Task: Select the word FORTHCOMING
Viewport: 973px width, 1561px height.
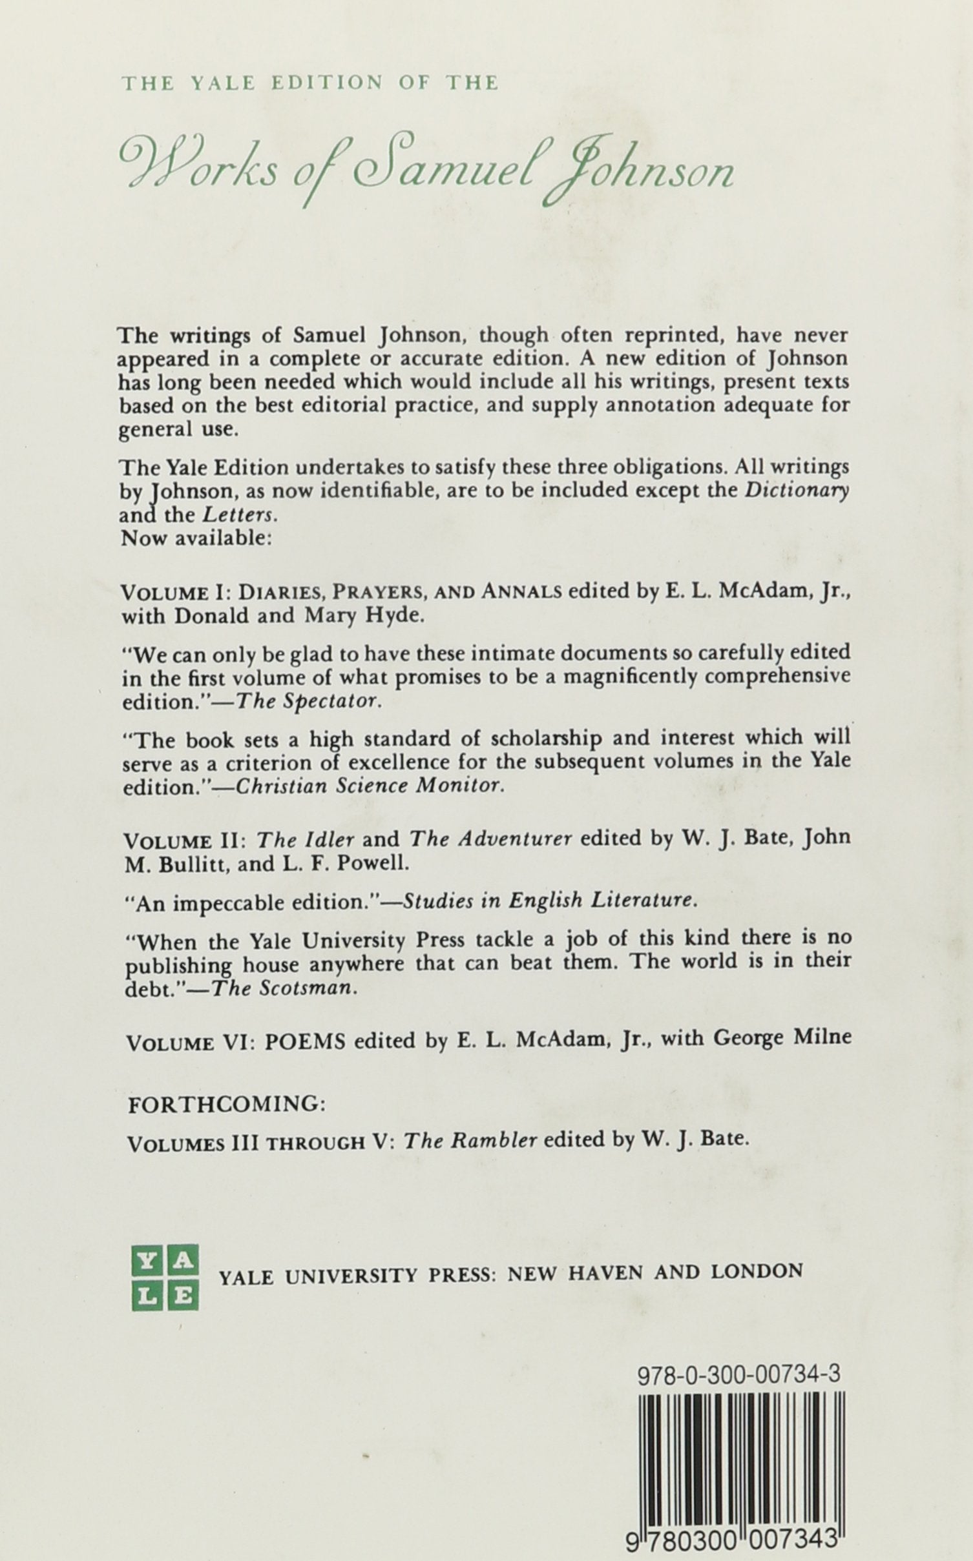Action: (225, 1105)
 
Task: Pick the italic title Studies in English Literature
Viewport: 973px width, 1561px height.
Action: (550, 903)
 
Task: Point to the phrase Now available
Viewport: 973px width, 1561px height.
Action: (194, 538)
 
